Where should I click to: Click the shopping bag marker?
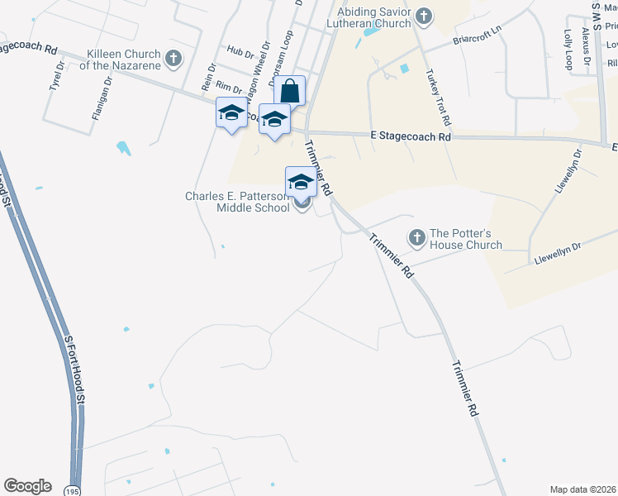click(289, 91)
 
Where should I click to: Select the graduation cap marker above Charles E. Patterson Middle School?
click(301, 182)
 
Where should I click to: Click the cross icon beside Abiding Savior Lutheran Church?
click(424, 15)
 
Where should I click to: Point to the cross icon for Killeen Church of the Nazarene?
click(173, 58)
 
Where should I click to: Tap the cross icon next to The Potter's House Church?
click(416, 237)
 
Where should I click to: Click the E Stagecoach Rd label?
click(411, 136)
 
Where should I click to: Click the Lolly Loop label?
click(568, 50)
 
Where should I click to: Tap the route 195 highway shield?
click(74, 489)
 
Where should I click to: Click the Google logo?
click(27, 487)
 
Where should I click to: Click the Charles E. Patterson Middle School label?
click(238, 202)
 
